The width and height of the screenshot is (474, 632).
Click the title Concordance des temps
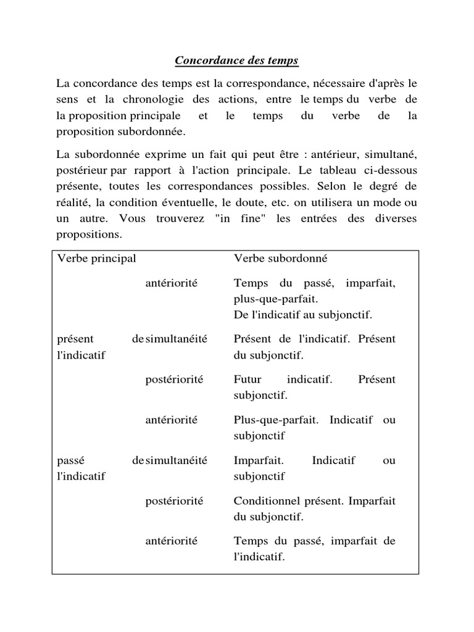point(236,60)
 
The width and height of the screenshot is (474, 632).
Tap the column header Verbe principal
point(96,259)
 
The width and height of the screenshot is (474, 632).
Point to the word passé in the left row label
point(70,460)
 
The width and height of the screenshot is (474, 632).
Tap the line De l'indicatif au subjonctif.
point(303,315)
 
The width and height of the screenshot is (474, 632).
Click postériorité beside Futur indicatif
point(174,379)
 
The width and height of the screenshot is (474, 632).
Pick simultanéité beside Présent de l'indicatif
point(177,339)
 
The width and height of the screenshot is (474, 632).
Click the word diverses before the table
point(396,218)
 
